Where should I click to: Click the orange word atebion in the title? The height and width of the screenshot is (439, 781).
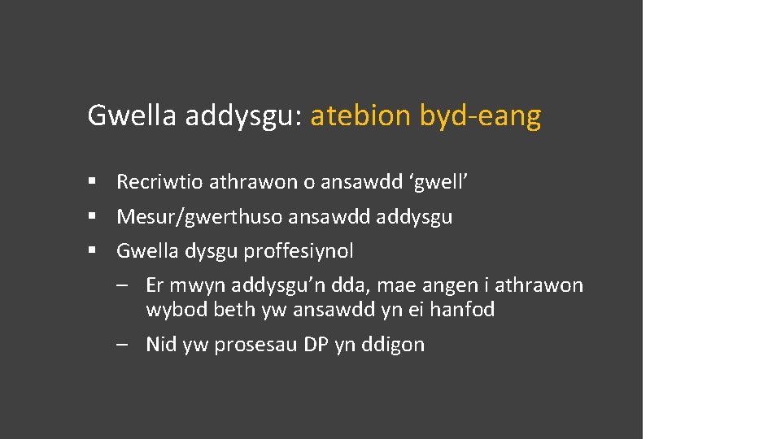(361, 116)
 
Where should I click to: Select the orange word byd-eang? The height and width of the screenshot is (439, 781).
(480, 116)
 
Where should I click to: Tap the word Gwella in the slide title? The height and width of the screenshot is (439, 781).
(132, 116)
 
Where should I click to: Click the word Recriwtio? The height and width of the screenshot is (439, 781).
(160, 182)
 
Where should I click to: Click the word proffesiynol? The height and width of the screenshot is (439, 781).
(299, 251)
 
